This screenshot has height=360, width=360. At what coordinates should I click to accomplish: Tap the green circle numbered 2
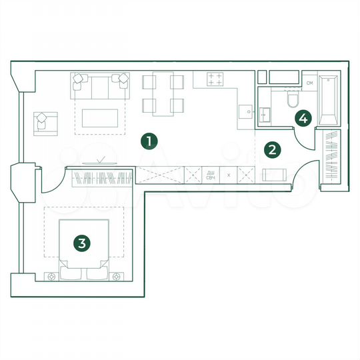[271, 149]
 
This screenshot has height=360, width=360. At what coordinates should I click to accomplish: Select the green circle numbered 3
[81, 243]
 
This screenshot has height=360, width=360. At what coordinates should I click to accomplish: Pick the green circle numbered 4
[303, 119]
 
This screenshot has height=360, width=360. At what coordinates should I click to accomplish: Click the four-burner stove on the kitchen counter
[215, 79]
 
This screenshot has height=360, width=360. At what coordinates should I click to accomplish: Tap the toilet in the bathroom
[291, 100]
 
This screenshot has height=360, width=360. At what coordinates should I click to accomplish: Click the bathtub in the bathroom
[329, 101]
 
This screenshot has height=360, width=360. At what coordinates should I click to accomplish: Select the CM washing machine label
[309, 83]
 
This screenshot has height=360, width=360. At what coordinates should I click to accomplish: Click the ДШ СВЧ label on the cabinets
[210, 175]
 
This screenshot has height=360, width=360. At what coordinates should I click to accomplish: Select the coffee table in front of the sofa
[103, 117]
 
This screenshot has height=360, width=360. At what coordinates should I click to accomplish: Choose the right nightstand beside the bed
[117, 275]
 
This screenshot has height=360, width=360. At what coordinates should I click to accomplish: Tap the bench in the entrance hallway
[275, 175]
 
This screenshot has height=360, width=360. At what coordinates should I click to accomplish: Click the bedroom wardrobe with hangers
[100, 178]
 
